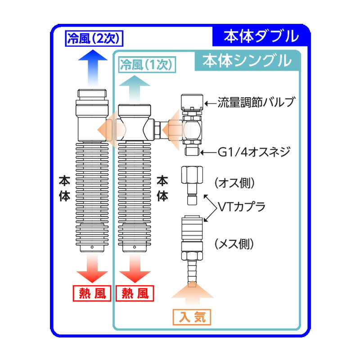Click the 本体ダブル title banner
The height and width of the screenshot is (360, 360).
tap(261, 36)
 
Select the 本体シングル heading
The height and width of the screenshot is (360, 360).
tap(247, 61)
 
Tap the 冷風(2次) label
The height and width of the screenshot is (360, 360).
tap(94, 38)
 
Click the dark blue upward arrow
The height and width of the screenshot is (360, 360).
tap(92, 67)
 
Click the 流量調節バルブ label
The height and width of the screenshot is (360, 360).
tap(255, 103)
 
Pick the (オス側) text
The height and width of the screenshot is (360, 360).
tap(234, 183)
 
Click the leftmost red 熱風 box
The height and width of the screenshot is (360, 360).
tap(92, 294)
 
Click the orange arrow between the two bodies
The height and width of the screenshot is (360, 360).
tap(108, 129)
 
